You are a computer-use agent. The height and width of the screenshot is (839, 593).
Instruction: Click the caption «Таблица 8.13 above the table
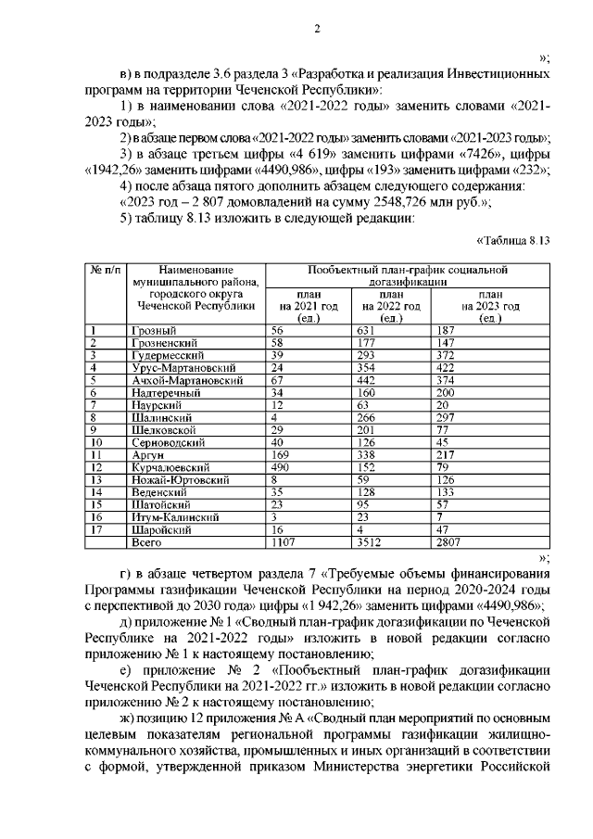(x=513, y=240)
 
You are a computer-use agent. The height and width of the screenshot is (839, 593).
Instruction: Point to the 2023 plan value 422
(x=448, y=367)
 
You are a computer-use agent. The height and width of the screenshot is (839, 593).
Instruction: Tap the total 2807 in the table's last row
(x=451, y=541)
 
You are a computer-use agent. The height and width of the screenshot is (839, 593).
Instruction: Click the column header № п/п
(x=106, y=269)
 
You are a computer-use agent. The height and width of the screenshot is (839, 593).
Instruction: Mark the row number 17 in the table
(x=95, y=528)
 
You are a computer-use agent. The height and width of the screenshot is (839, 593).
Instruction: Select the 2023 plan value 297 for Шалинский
(x=448, y=417)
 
